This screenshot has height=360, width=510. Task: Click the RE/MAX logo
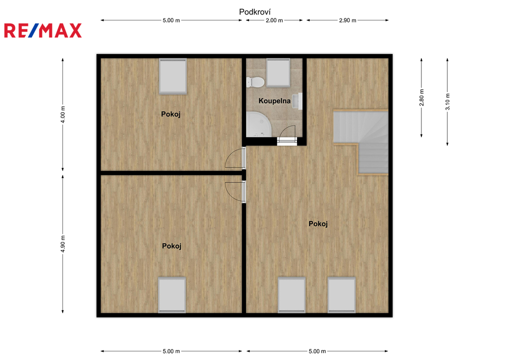pyautogui.click(x=43, y=30)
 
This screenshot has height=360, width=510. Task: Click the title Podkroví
pyautogui.click(x=255, y=12)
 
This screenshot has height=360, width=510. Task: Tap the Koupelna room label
pyautogui.click(x=274, y=101)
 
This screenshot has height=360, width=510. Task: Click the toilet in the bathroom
pyautogui.click(x=255, y=82)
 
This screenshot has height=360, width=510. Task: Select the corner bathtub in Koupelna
pyautogui.click(x=258, y=124)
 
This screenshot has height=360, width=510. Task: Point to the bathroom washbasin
pyautogui.click(x=297, y=101)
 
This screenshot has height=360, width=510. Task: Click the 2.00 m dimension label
pyautogui.click(x=274, y=20)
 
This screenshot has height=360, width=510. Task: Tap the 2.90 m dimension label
pyautogui.click(x=347, y=20)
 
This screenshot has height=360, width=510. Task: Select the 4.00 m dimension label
pyautogui.click(x=63, y=115)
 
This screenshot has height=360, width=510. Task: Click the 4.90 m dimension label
pyautogui.click(x=63, y=244)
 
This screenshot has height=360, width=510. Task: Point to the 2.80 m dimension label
pyautogui.click(x=421, y=98)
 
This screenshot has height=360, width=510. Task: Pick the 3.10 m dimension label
pyautogui.click(x=448, y=102)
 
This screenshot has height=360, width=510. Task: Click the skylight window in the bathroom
pyautogui.click(x=278, y=73)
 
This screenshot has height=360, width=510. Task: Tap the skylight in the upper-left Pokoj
pyautogui.click(x=173, y=76)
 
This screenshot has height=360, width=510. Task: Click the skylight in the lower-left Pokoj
pyautogui.click(x=172, y=295)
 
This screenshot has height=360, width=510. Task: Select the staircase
pyautogui.click(x=361, y=142)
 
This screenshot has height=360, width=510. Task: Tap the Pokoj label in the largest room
pyautogui.click(x=318, y=224)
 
